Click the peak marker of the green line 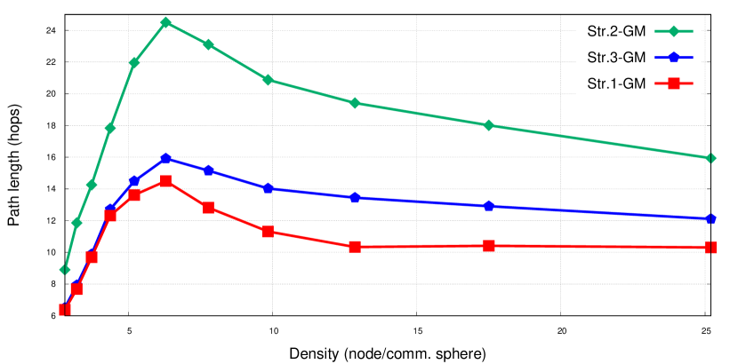(165, 22)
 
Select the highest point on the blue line (165, 158)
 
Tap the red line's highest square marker (165, 181)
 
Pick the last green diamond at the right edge (710, 158)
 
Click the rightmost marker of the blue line (710, 218)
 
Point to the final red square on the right (710, 247)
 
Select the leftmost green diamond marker (64, 269)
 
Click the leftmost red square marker (64, 310)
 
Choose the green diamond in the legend (673, 31)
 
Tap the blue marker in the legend (673, 58)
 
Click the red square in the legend (673, 83)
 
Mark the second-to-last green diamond (488, 125)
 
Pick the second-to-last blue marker (488, 206)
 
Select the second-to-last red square (488, 245)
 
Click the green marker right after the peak (208, 44)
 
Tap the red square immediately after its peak (208, 208)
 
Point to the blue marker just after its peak (208, 170)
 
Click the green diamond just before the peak (134, 63)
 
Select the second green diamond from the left (76, 223)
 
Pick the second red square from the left (76, 289)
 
